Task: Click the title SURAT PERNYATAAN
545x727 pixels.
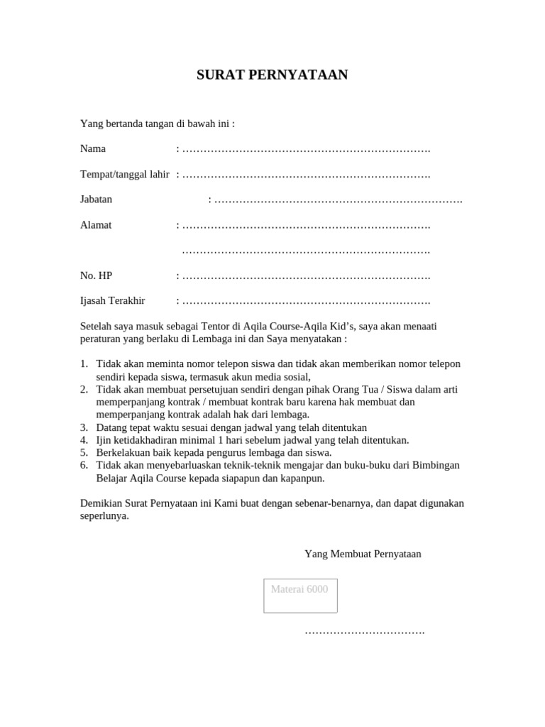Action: tap(272, 75)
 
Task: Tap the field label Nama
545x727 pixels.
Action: tap(93, 149)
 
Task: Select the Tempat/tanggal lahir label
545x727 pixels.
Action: tap(125, 175)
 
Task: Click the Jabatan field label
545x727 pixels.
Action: tap(96, 199)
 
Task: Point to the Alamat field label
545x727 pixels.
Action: tap(96, 225)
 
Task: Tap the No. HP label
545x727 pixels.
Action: tap(96, 275)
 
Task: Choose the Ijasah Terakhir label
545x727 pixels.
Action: tap(112, 300)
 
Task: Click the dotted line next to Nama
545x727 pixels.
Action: tap(306, 150)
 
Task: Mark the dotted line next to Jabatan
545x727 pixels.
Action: tap(338, 200)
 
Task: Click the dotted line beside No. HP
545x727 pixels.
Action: tap(306, 276)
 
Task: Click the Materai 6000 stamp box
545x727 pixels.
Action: tap(300, 596)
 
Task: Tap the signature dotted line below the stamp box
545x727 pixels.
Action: tap(364, 631)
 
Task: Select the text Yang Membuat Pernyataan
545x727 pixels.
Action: tap(363, 554)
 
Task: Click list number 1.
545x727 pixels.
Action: tap(84, 364)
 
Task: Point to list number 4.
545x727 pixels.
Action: tap(84, 440)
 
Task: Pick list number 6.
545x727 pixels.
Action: tap(84, 466)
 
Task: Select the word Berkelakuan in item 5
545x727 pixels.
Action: tap(123, 453)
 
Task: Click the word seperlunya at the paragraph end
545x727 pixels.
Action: tap(104, 516)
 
